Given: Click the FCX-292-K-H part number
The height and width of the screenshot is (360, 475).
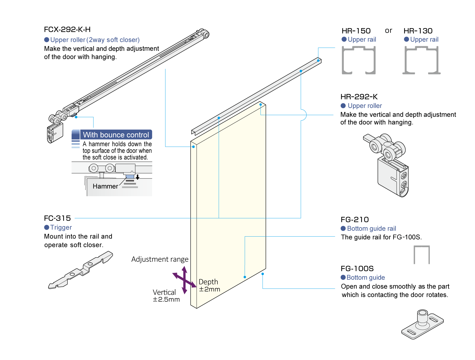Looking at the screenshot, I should point(67,29).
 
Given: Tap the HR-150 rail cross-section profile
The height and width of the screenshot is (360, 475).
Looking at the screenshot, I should point(359,60).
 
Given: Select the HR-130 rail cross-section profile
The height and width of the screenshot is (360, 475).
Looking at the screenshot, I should point(421,60).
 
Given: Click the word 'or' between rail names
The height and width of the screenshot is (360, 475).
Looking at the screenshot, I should point(388,30).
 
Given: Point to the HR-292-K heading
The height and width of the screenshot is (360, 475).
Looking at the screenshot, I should point(359,97).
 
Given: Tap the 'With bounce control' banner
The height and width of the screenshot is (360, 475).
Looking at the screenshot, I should point(116,135).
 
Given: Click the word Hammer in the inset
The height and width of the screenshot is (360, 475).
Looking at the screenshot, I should point(105,186).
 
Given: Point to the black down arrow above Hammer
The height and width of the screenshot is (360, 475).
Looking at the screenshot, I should point(137,177).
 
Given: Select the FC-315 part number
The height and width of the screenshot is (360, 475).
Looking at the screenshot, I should point(57,218).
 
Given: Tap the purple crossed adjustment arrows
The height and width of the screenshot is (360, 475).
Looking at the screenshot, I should point(184,280).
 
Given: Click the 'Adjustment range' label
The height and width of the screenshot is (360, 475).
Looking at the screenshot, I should point(160,259).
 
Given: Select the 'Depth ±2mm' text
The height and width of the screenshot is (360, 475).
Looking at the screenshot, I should point(209,285).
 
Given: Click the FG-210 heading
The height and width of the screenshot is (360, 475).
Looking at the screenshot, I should point(355,219).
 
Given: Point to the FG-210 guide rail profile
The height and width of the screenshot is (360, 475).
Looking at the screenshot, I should point(422,255).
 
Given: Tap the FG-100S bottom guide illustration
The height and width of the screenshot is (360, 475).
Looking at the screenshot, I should point(422,324).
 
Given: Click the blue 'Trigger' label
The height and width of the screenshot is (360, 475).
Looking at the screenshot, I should point(61,227).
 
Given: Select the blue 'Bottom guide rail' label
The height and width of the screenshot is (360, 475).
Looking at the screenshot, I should point(371,229).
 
